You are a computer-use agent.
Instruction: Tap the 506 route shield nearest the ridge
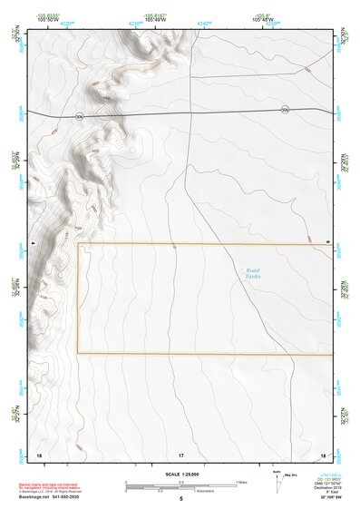(80, 116)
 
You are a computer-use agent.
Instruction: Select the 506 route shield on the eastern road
(286, 110)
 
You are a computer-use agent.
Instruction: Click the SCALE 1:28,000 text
(181, 474)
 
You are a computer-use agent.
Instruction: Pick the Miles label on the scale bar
(241, 481)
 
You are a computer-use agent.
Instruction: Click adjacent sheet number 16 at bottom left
(38, 454)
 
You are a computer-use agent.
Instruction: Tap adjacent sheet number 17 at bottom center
(181, 454)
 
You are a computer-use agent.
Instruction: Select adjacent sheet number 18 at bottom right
(324, 454)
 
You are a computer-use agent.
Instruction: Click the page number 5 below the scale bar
(181, 498)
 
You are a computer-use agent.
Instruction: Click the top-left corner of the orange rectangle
(78, 244)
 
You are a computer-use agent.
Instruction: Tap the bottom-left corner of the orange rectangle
(78, 353)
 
